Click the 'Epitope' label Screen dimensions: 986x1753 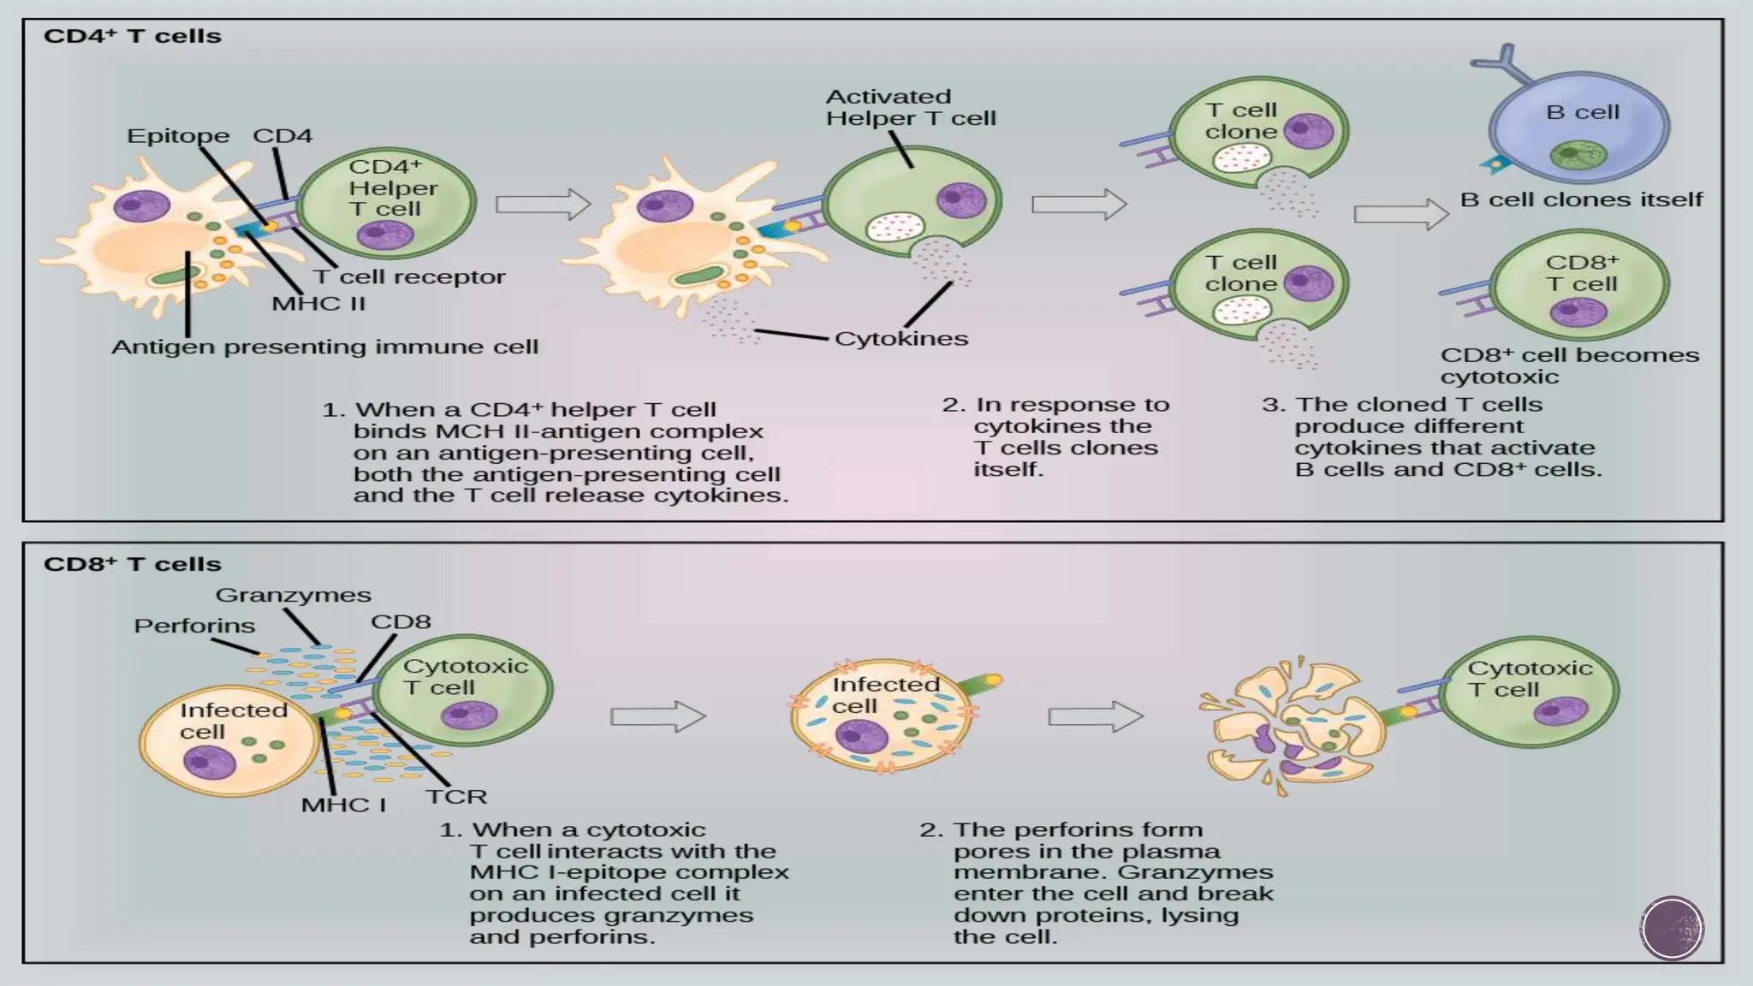tap(178, 136)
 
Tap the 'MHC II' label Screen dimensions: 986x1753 tap(318, 304)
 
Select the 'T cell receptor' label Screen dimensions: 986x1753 tap(409, 277)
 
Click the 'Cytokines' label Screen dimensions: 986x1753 tap(901, 339)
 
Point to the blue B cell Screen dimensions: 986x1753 tap(1580, 128)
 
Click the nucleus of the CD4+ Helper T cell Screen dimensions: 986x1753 tap(384, 235)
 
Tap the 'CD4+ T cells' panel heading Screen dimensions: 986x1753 tap(133, 37)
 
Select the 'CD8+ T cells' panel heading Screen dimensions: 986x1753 tap(133, 565)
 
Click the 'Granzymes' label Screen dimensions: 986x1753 tap(293, 595)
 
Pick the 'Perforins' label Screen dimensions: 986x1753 tap(194, 626)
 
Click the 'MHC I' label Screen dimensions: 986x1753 tap(343, 805)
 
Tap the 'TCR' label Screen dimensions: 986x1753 tap(456, 797)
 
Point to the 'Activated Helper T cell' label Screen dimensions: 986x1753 tap(911, 108)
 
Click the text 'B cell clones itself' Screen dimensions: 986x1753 tap(1581, 200)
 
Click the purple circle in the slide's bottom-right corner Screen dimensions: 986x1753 tap(1672, 929)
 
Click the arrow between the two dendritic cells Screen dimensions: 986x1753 tap(544, 205)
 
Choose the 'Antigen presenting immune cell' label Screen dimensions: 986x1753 tap(324, 347)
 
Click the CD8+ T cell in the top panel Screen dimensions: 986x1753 tap(1579, 285)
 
